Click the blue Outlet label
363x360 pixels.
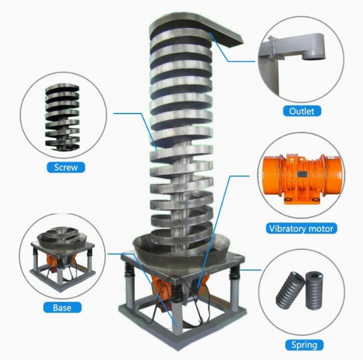(x=302, y=111)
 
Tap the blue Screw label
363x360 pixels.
(x=66, y=167)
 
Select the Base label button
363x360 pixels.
(x=62, y=308)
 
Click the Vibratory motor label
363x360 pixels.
(x=301, y=228)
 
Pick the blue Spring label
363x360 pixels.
(x=304, y=345)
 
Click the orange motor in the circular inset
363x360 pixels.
(x=302, y=179)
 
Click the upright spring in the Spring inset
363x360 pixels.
(x=314, y=291)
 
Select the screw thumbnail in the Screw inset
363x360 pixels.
(x=62, y=117)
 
